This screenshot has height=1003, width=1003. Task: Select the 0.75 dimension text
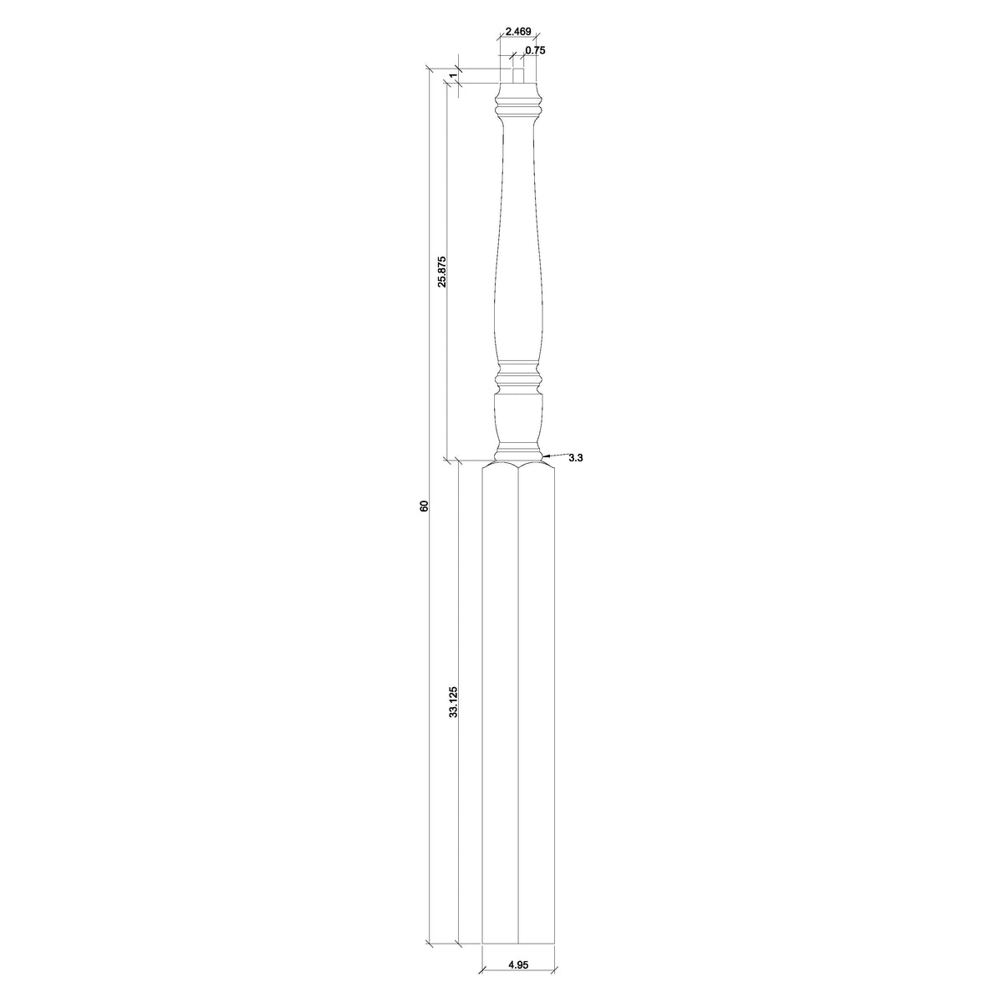point(535,50)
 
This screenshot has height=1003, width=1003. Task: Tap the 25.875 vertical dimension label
point(441,271)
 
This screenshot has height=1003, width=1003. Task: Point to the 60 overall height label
point(424,506)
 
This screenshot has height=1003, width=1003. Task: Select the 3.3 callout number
point(575,459)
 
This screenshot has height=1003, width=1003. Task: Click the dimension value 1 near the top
point(452,76)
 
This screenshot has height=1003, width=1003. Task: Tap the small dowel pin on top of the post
point(518,75)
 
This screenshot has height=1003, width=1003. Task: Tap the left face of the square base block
point(500,710)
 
